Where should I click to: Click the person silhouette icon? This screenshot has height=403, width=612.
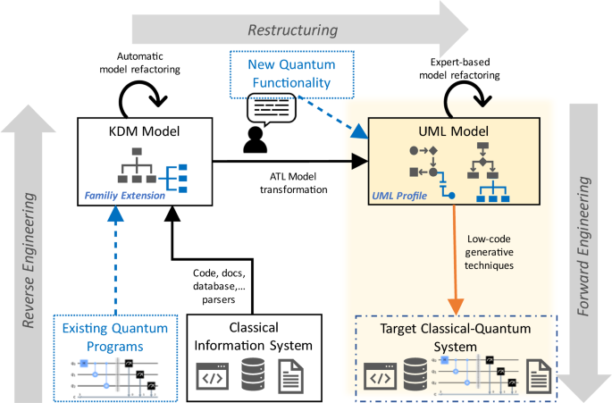(257, 138)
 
